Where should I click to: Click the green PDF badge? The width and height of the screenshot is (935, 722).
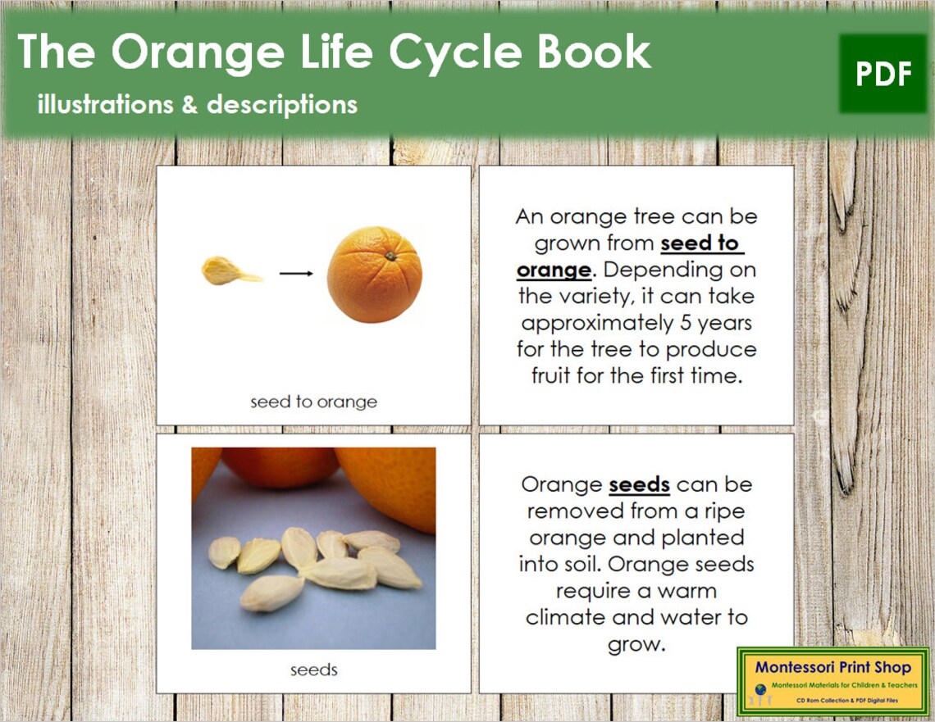click(x=883, y=75)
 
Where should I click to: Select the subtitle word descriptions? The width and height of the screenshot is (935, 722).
click(x=282, y=105)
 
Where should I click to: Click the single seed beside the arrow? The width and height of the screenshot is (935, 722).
click(x=230, y=271)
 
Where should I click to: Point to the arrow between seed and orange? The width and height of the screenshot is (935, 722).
click(x=296, y=274)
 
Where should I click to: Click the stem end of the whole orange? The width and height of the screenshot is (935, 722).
click(x=391, y=257)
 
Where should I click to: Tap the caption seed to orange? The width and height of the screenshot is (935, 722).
click(x=313, y=402)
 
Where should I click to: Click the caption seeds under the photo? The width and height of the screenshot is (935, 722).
click(x=313, y=670)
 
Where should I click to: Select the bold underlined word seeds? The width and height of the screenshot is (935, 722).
click(x=639, y=484)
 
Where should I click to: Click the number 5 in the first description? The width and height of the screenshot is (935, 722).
click(x=686, y=323)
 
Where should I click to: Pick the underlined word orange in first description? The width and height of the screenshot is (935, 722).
click(x=554, y=270)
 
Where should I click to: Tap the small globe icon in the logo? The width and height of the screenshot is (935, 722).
click(x=760, y=688)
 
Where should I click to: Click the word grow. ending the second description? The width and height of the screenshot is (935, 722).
click(x=635, y=644)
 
